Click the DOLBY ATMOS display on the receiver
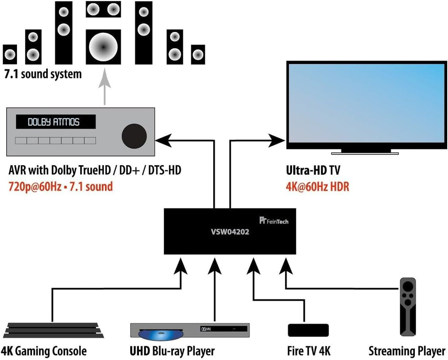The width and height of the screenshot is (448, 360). [56, 122]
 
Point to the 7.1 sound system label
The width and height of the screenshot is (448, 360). [42, 75]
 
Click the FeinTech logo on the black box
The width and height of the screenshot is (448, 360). [273, 221]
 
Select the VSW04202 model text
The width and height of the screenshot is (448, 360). [230, 233]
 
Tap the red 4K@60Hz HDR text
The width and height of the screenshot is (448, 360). [317, 186]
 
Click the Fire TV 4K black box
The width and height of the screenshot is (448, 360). [308, 330]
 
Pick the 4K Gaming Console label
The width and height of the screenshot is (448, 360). [44, 351]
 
